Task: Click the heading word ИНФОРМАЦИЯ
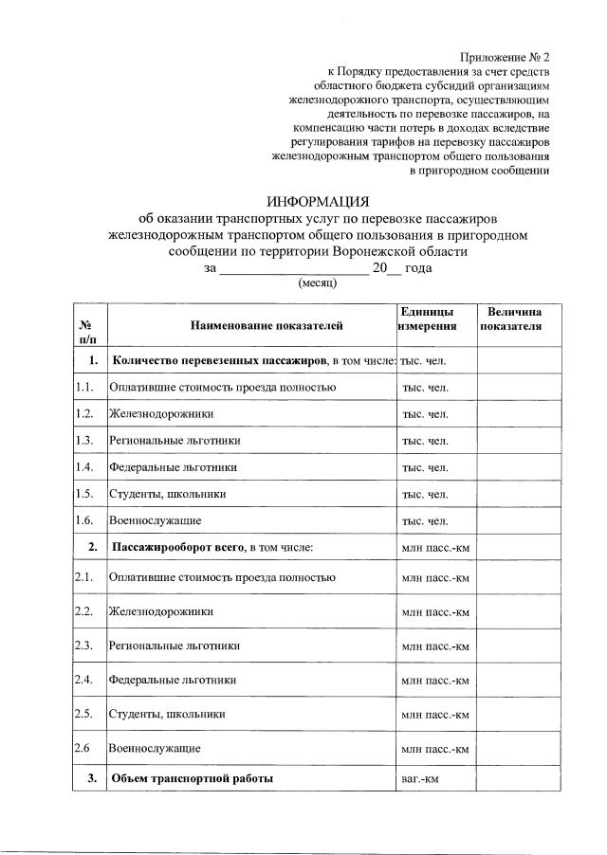317,201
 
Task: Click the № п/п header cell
88,330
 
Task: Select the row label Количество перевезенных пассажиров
219,361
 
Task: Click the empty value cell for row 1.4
517,467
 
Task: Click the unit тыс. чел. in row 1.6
424,520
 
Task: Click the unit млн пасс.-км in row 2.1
435,577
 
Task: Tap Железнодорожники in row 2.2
160,611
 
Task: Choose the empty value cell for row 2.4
517,680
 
